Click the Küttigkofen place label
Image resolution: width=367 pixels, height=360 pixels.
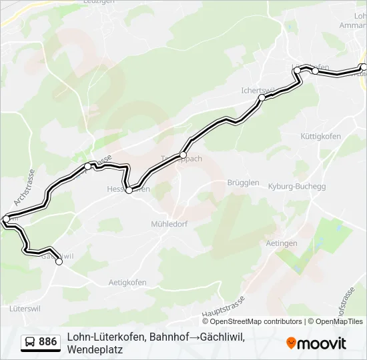pos(322,136)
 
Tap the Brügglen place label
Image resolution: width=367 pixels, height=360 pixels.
pos(243,182)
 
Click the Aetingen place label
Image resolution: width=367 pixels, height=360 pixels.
pos(281,243)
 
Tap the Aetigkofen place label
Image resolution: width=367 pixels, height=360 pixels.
pos(127,282)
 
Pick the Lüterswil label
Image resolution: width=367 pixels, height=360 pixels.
pos(26,309)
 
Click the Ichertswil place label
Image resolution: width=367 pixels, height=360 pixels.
pos(258,90)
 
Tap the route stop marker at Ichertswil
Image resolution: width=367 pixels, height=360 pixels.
pos(262,97)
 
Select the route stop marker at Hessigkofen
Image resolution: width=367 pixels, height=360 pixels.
pos(129,190)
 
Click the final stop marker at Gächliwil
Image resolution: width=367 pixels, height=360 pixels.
pos(59,262)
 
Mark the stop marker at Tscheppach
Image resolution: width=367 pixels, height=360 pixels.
pos(183,155)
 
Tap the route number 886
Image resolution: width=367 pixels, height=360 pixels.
pos(48,342)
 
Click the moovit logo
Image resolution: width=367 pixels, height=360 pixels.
pos(316,343)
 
